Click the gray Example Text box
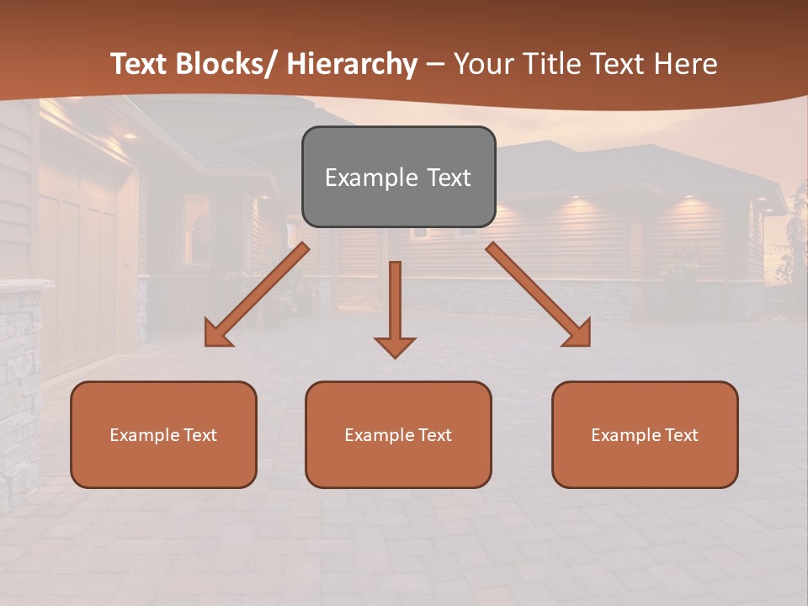(x=398, y=177)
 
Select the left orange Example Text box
(x=163, y=434)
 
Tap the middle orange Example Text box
(x=398, y=434)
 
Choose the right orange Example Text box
(x=645, y=434)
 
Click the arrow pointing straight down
(x=395, y=307)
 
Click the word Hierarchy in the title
(x=351, y=64)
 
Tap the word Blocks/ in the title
(x=229, y=64)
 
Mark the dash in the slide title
(x=435, y=64)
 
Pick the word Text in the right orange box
(x=682, y=434)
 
